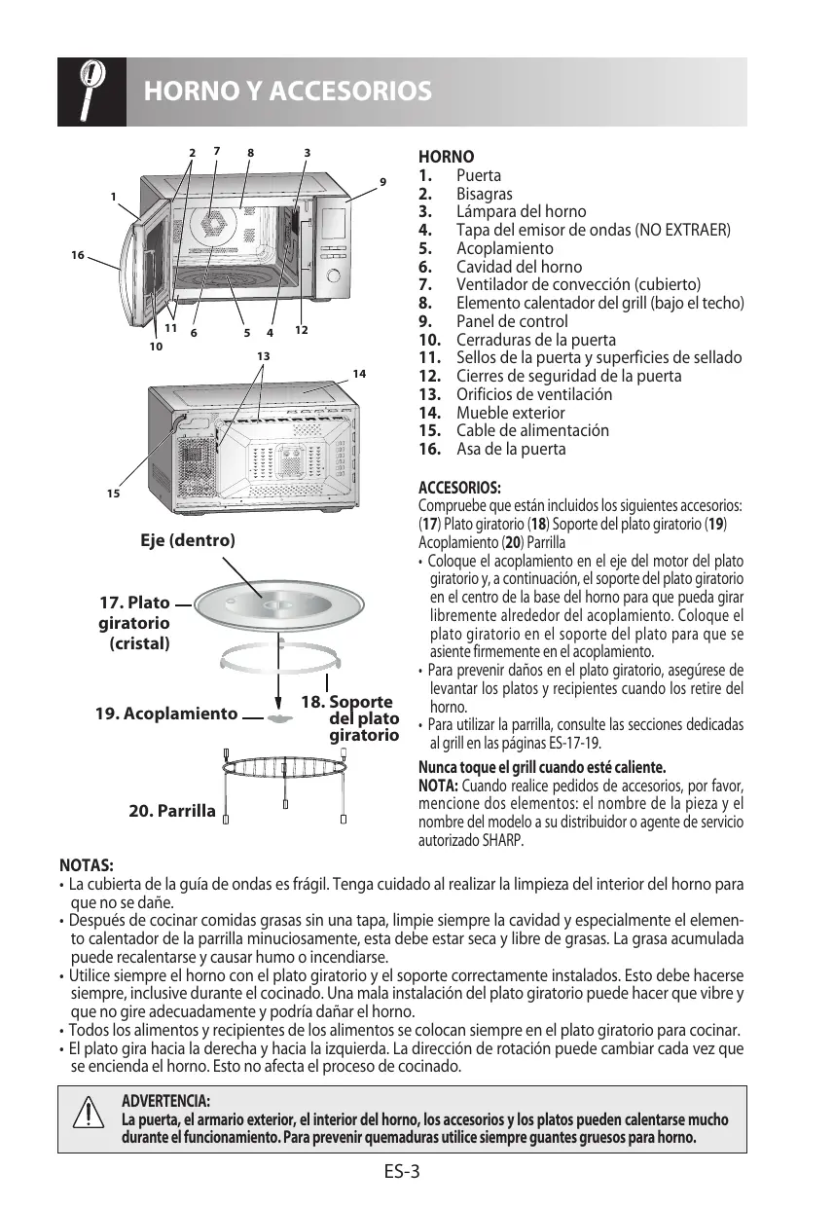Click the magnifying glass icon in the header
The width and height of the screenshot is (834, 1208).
tap(91, 92)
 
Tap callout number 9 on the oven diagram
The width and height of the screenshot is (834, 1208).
tap(382, 182)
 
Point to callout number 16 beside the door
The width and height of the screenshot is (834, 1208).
tap(77, 255)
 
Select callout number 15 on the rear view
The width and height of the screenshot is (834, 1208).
tap(114, 494)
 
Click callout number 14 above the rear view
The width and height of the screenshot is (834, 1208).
tap(359, 374)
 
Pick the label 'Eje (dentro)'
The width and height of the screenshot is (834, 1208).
tap(188, 539)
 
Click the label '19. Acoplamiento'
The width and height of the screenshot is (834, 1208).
tap(166, 714)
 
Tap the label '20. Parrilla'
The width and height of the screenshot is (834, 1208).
tap(172, 809)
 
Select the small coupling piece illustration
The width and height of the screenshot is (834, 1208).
tap(280, 718)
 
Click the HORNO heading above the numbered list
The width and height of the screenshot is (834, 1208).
tap(446, 157)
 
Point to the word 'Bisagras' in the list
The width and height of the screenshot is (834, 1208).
tap(485, 194)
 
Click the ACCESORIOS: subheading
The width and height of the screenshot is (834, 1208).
tap(459, 487)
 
